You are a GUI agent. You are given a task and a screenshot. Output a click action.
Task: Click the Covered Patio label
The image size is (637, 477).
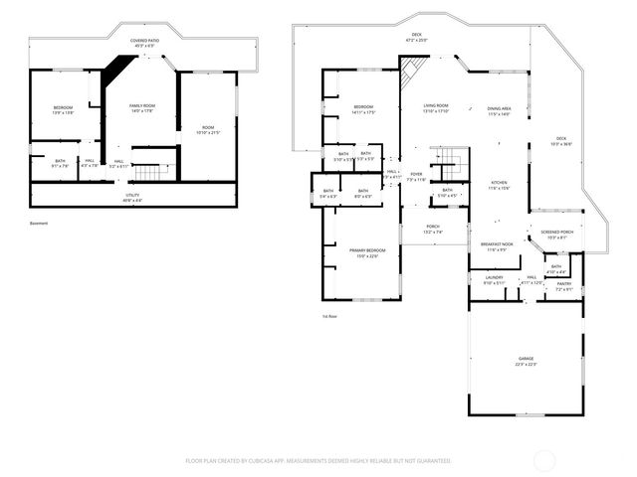point(143,43)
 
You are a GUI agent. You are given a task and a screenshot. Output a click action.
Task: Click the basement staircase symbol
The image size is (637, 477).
point(146,173)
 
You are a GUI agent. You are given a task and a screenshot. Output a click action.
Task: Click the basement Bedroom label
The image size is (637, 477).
point(63,110)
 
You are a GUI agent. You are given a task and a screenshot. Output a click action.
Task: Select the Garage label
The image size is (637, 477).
point(526,361)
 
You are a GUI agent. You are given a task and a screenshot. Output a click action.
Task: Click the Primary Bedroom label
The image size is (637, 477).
point(360,251)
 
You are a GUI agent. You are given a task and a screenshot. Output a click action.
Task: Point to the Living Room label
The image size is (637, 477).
point(436,109)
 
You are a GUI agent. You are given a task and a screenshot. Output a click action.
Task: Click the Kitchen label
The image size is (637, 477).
point(499,186)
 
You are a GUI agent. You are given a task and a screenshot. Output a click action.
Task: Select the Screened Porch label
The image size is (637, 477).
point(556,235)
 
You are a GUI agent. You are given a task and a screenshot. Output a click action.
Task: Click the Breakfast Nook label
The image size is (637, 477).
point(497,246)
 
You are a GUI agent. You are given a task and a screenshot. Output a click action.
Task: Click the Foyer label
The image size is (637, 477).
point(416,177)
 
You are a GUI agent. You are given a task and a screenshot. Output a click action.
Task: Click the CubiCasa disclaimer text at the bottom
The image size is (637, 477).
point(318,461)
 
